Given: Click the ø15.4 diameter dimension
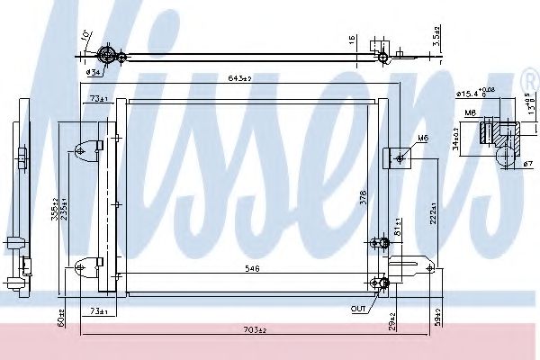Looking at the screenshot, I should point(475,92).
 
